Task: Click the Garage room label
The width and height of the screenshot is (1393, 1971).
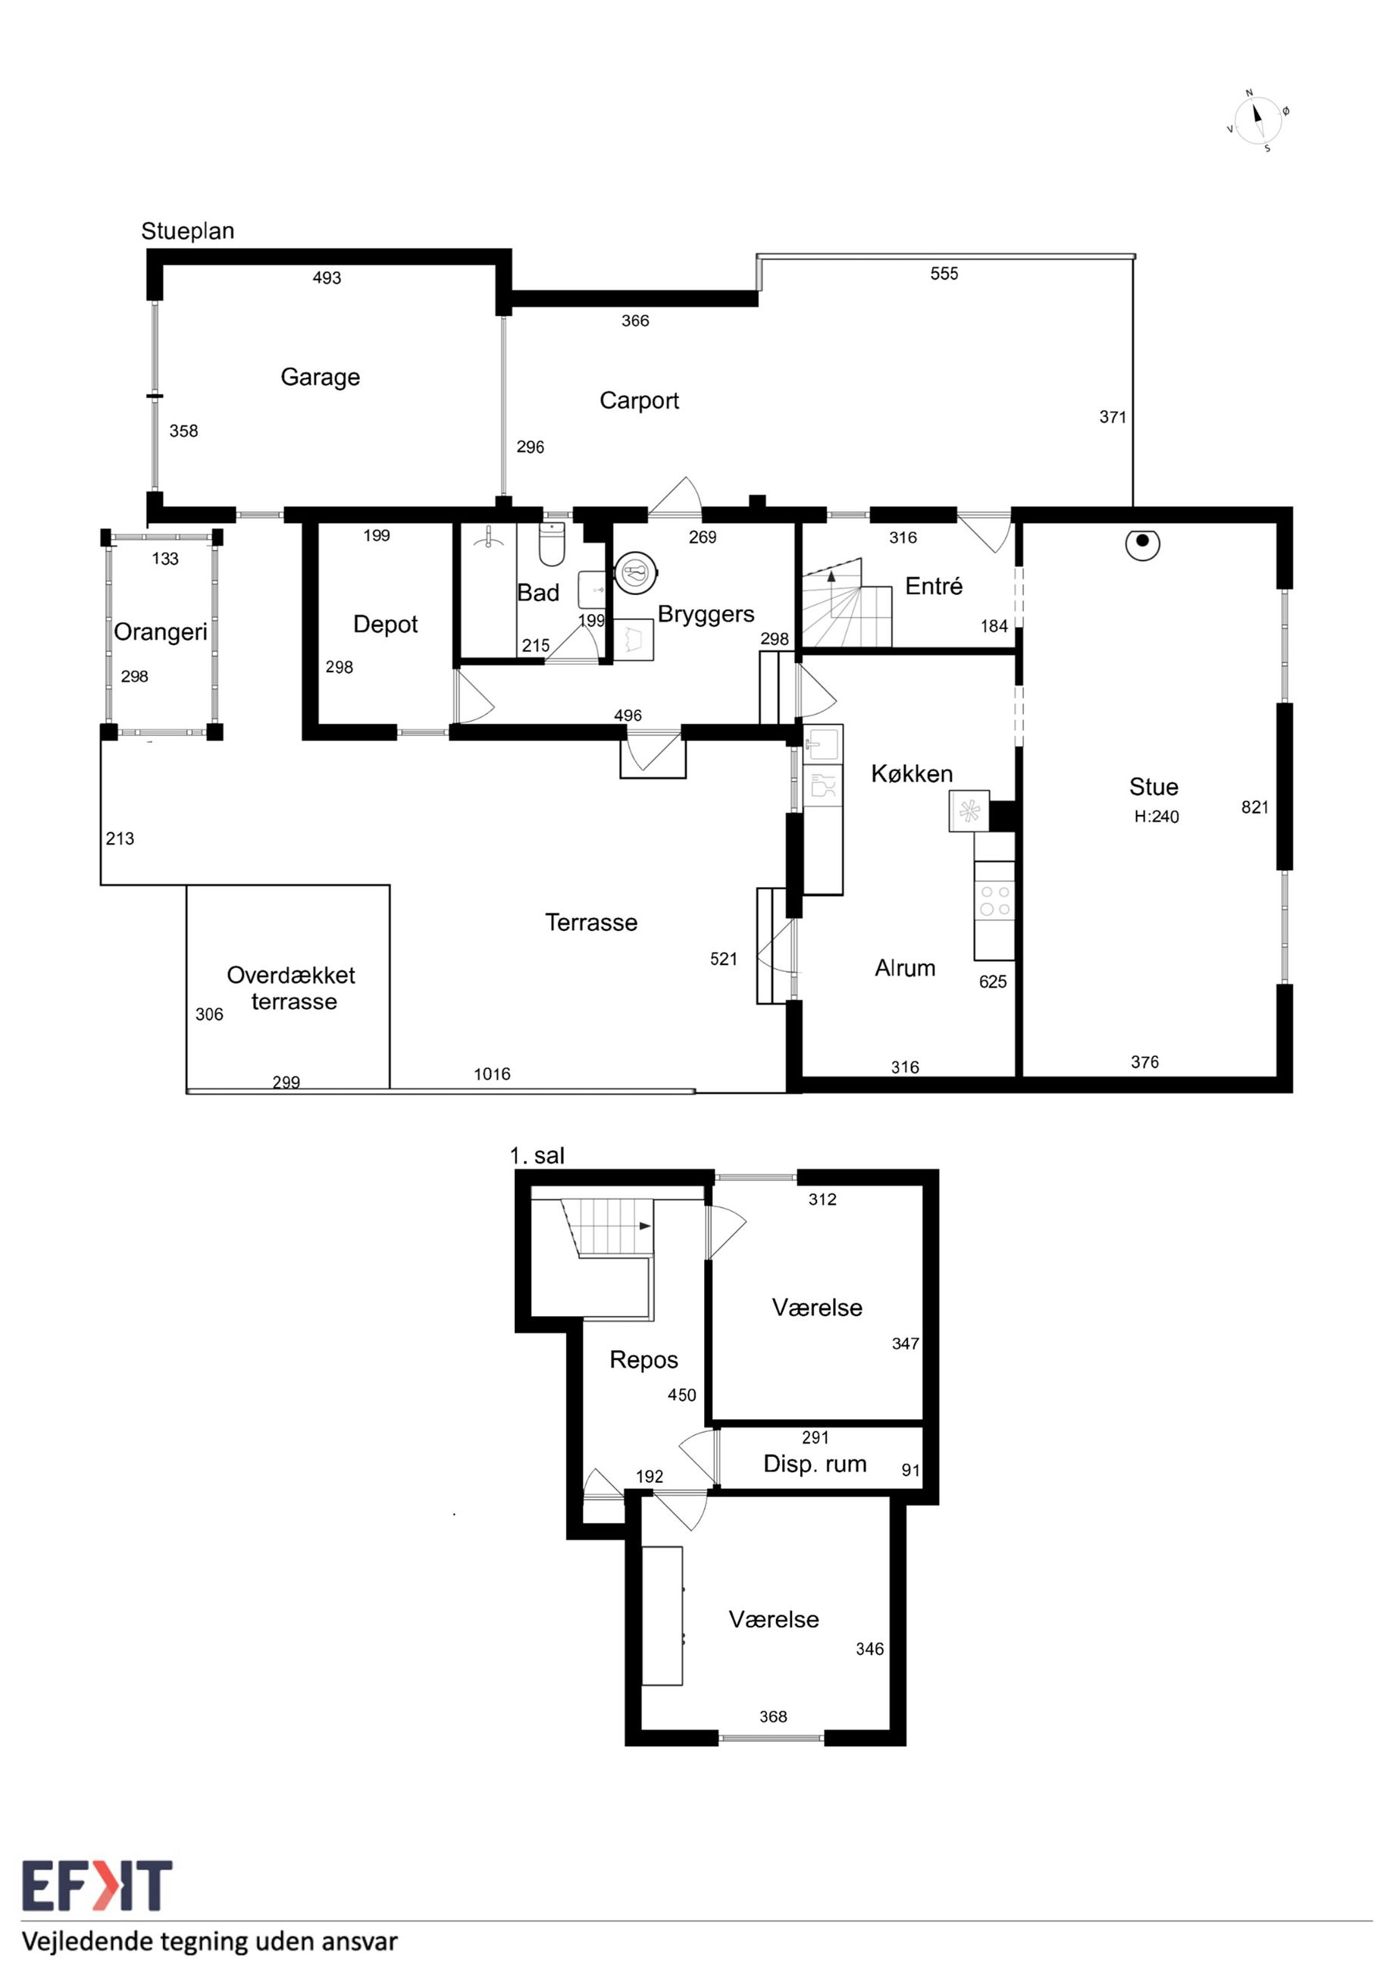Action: coord(320,378)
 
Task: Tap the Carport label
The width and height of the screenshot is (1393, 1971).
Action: coord(640,401)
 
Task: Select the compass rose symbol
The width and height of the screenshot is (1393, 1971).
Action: coord(1257,121)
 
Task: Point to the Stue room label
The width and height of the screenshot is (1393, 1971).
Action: coord(1154,786)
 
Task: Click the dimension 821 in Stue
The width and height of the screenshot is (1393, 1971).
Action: coord(1255,807)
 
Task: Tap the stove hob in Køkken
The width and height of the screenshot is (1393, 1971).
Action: coord(994,901)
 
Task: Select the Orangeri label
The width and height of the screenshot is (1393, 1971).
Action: coord(161,633)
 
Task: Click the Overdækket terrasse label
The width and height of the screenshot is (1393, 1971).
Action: coord(291,988)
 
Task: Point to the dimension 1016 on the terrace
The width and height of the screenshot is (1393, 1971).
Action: coord(492,1074)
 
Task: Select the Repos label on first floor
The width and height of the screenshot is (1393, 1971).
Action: coord(643,1360)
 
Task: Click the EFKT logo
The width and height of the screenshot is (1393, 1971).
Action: coord(97,1885)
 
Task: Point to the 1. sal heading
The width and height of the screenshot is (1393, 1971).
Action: coord(537,1155)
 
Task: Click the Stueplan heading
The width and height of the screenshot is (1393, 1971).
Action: coord(188,231)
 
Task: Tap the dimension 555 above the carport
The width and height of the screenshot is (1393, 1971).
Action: coord(944,274)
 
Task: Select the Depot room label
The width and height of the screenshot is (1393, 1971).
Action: coord(385,625)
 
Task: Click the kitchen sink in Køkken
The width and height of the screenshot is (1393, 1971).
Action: coord(822,744)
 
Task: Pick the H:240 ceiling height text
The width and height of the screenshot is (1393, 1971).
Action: coord(1156,816)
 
